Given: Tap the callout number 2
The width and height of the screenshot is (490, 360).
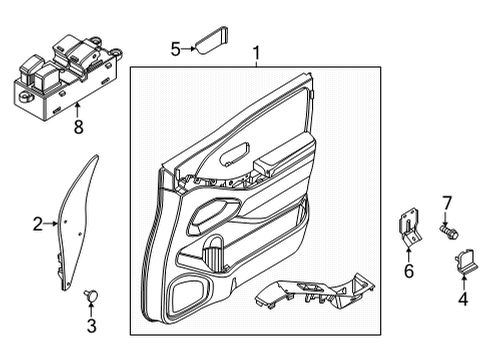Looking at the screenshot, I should [37, 224].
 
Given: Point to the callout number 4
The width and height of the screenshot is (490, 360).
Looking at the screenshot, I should [462, 298].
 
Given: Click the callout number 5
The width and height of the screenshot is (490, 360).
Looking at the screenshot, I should [175, 46].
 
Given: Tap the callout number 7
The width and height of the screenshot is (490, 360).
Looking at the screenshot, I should [447, 203].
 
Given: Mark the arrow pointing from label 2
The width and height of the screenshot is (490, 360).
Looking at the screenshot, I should [52, 224].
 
